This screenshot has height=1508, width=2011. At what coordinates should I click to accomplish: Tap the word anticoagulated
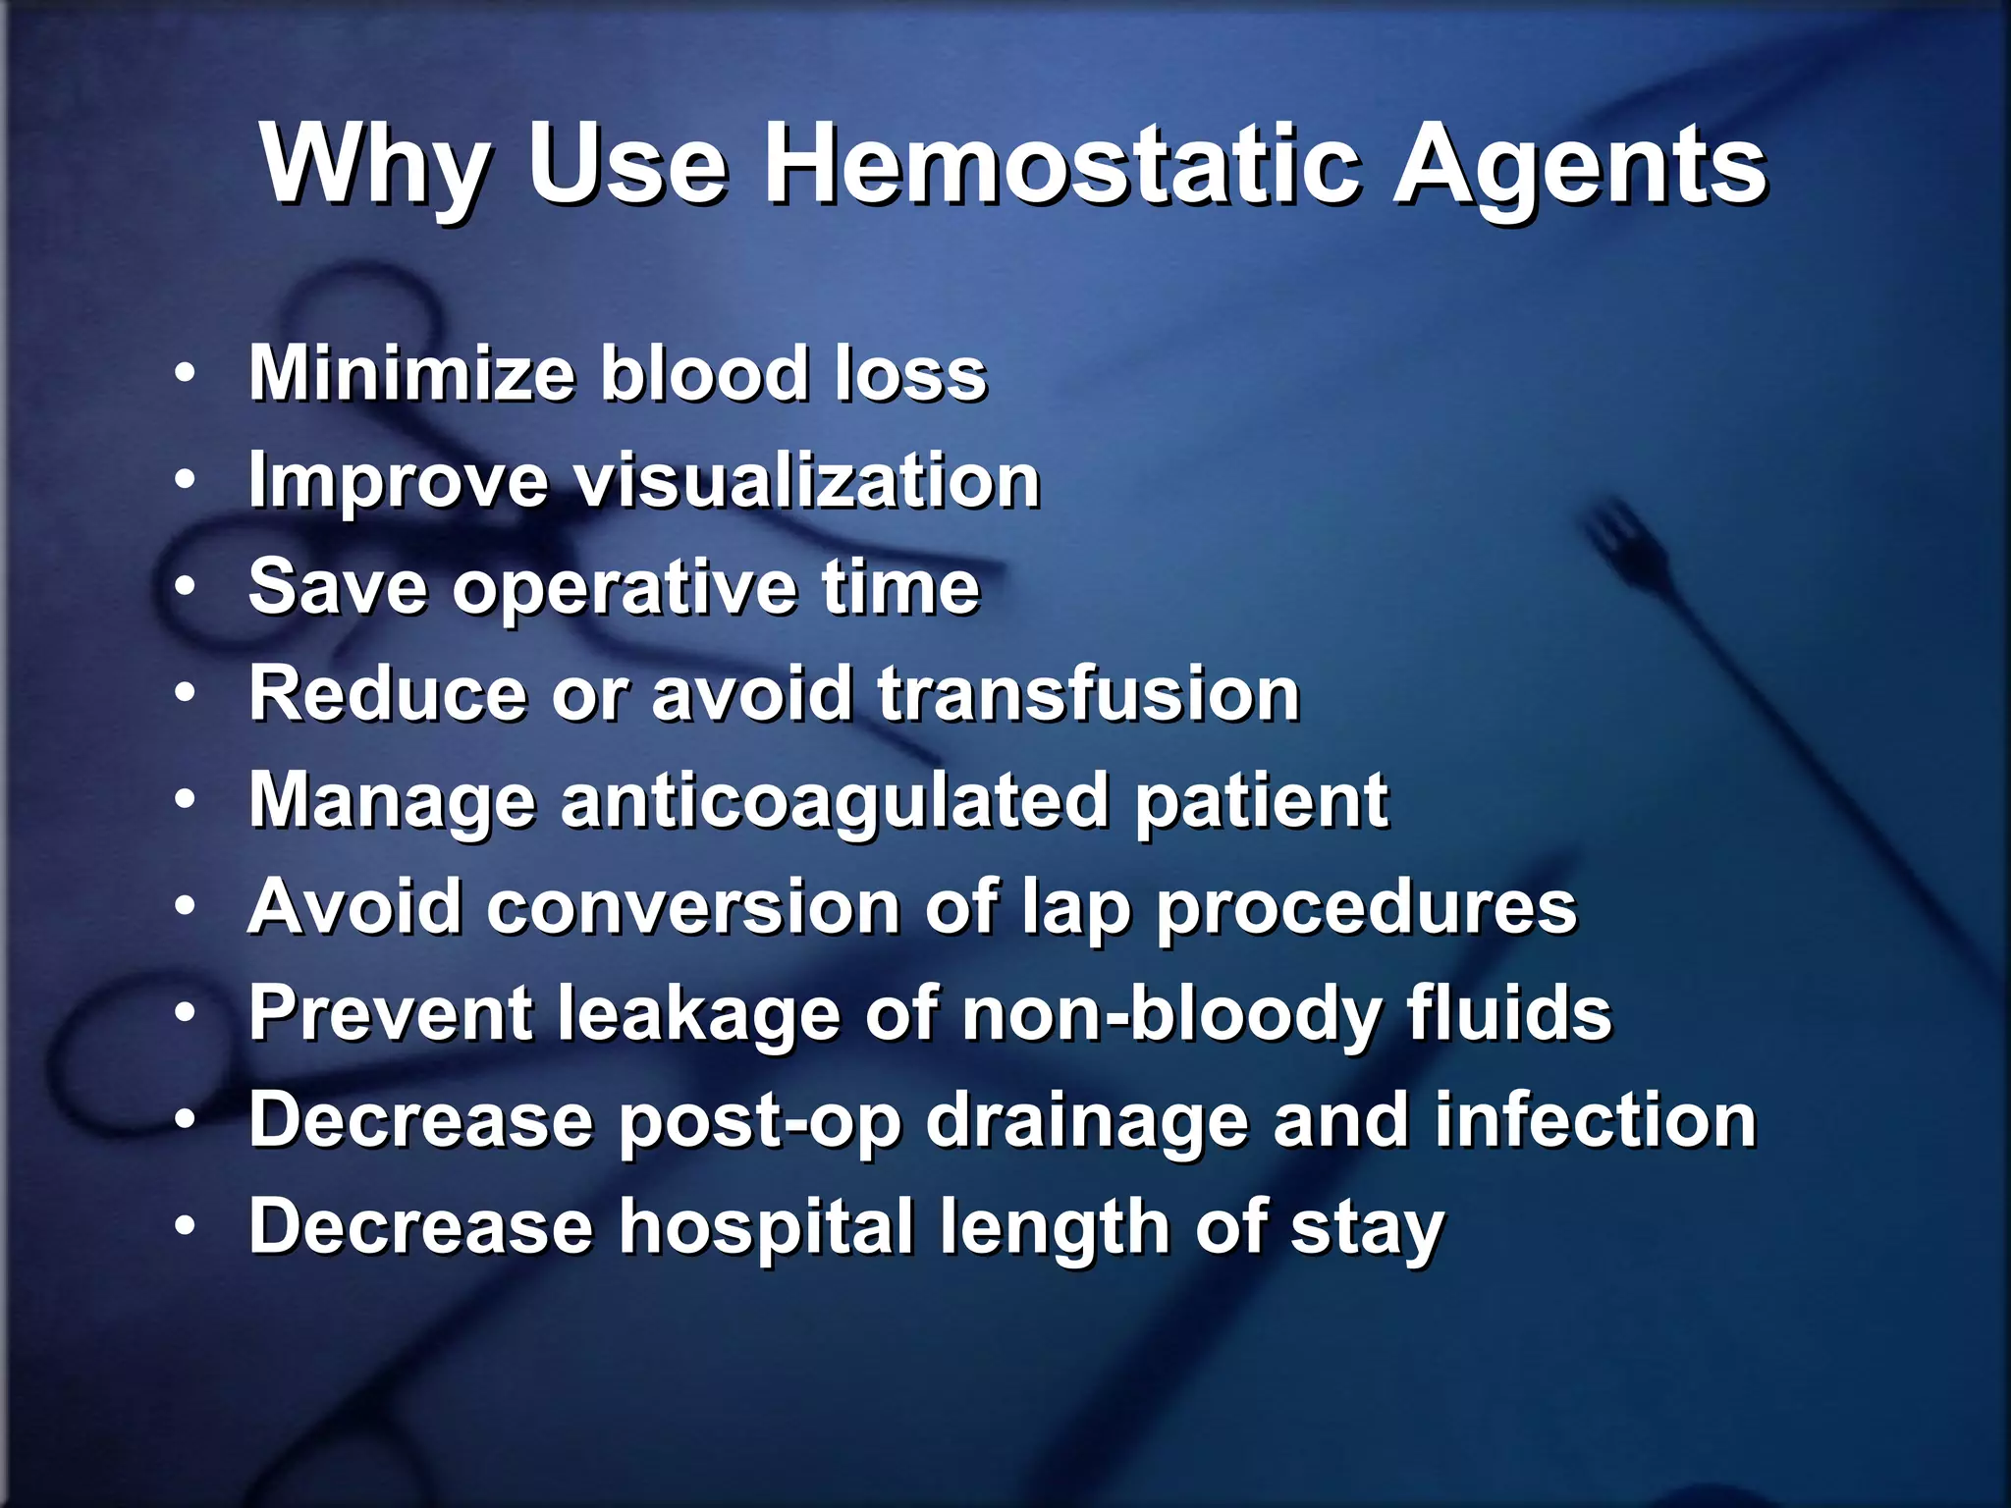(835, 801)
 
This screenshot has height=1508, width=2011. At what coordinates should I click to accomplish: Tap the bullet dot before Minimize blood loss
(185, 373)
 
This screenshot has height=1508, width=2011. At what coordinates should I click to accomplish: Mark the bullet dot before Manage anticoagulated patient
(185, 800)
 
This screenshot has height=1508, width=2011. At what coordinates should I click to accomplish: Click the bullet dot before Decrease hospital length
(185, 1226)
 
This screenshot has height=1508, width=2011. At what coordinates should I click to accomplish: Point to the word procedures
(1366, 909)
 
